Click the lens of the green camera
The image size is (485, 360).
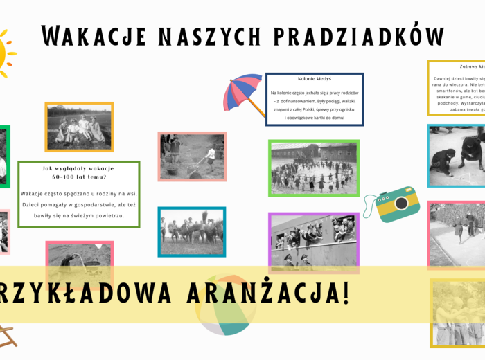pyautogui.click(x=400, y=205)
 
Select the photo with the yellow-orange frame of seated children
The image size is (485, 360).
pyautogui.click(x=78, y=127)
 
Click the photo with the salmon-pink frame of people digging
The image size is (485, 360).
pyautogui.click(x=192, y=156)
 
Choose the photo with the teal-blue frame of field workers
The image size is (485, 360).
pyautogui.click(x=191, y=231)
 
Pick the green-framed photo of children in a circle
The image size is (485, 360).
pyautogui.click(x=314, y=167)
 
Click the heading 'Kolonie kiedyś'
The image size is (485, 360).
pyautogui.click(x=315, y=79)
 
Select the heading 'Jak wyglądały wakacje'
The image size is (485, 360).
pyautogui.click(x=78, y=168)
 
